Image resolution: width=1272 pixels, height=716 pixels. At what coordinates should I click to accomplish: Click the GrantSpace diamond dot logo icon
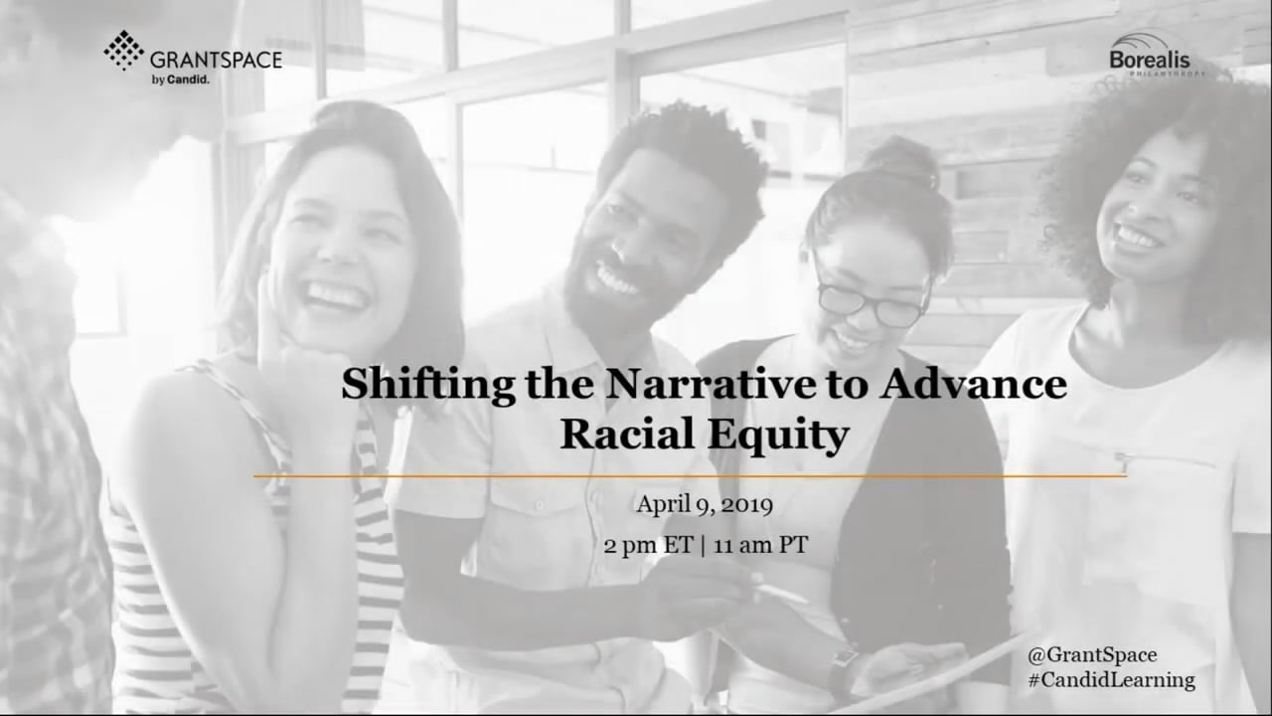(123, 50)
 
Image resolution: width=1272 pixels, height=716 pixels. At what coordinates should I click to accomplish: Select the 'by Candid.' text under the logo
(181, 81)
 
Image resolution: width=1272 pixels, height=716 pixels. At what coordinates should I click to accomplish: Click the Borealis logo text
(1150, 60)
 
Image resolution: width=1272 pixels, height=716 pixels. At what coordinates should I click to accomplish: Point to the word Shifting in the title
(428, 386)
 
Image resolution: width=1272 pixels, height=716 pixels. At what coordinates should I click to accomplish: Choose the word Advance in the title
(973, 384)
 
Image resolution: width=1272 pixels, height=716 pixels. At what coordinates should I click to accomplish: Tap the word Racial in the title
(627, 434)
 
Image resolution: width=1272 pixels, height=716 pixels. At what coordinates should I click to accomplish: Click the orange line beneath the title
(690, 476)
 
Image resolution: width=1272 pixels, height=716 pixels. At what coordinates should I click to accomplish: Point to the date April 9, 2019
(705, 504)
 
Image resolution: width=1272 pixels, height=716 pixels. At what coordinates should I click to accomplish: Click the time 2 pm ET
(649, 546)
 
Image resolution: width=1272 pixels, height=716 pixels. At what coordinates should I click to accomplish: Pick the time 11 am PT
(760, 546)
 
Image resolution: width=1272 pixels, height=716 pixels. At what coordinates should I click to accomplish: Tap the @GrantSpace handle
(1092, 655)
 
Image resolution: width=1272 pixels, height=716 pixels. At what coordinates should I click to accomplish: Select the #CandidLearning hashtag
(1111, 680)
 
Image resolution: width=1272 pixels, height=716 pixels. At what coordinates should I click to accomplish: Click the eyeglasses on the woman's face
(872, 304)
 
